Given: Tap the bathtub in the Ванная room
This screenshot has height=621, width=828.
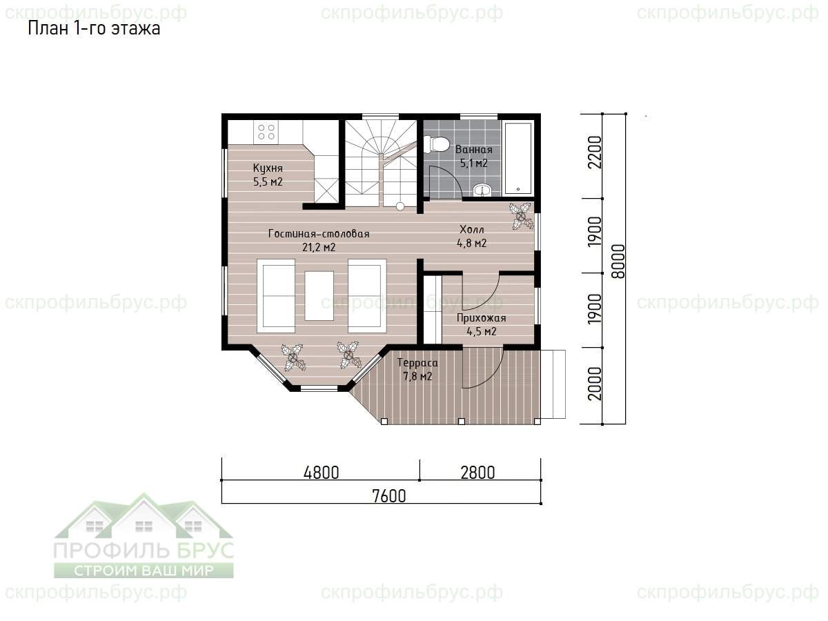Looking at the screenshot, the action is click(518, 158).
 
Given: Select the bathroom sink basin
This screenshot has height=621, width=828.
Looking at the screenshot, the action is click(482, 190).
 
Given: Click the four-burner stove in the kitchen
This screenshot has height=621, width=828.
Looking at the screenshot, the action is click(266, 132).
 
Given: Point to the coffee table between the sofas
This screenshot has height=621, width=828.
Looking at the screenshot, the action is click(319, 295).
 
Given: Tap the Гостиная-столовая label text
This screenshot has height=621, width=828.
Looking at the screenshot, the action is click(319, 233).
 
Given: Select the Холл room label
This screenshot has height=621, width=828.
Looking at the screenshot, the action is click(471, 229).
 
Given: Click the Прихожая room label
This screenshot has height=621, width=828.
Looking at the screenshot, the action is click(482, 318).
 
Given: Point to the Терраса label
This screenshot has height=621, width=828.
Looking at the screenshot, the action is click(417, 363).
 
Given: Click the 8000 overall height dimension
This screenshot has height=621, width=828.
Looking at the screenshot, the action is click(618, 262).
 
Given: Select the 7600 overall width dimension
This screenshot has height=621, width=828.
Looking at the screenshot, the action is click(389, 496).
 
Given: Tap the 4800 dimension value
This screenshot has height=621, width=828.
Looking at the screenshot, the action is click(322, 473).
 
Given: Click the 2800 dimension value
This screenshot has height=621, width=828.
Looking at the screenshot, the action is click(478, 473).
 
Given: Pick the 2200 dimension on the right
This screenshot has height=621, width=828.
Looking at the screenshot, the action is click(595, 152).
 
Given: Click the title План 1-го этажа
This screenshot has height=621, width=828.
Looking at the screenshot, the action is click(94, 29).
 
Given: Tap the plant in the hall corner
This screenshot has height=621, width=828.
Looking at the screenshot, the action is click(521, 216).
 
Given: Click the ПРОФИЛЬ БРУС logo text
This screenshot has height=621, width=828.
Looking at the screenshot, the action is click(144, 550).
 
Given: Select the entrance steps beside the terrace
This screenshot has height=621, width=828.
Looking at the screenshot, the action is click(553, 384).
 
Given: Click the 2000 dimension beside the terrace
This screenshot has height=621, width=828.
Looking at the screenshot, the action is click(595, 384).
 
